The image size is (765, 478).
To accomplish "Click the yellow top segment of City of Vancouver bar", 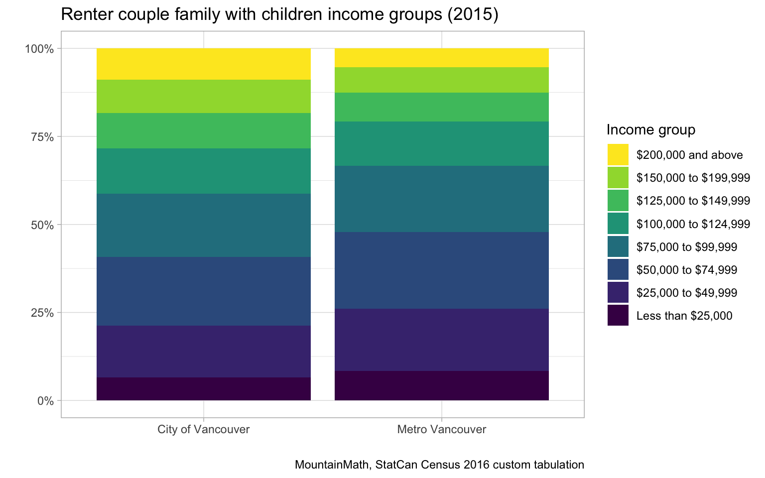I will click(203, 64).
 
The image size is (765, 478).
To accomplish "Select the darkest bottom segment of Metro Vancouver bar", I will click(441, 385).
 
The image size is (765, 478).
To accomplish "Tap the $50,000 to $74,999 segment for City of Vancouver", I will click(203, 291).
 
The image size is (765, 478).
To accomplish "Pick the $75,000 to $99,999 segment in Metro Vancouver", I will click(441, 199).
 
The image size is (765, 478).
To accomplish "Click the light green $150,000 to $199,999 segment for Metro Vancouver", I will click(441, 80).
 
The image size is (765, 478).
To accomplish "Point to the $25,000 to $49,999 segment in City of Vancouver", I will click(203, 352).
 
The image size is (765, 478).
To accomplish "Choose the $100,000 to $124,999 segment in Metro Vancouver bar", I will click(441, 143).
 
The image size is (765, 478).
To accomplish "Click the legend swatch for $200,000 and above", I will click(618, 155).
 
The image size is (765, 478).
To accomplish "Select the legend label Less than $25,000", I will click(684, 316).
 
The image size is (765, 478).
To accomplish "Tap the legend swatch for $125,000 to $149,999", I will click(618, 201).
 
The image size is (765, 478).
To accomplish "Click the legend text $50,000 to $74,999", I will click(686, 270).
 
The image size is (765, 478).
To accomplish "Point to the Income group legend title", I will click(650, 130).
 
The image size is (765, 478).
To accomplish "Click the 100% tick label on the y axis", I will click(39, 49).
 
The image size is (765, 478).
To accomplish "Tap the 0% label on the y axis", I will click(45, 401).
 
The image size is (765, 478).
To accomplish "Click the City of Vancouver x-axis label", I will click(203, 429).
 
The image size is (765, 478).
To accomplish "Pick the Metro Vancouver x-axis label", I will click(441, 429).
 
